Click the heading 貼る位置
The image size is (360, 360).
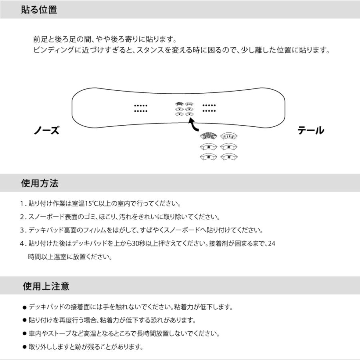(x=39, y=10)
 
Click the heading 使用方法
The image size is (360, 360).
(x=40, y=184)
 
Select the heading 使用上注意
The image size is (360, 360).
(x=46, y=286)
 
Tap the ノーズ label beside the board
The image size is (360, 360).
(x=46, y=131)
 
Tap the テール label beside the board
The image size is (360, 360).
(x=311, y=131)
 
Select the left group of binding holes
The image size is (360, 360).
(x=141, y=108)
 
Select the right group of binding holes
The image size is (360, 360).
(x=209, y=108)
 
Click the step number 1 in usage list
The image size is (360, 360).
(x=22, y=204)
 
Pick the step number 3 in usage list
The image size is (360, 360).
(x=22, y=230)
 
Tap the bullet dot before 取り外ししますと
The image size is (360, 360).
(x=24, y=347)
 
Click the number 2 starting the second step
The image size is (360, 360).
(x=22, y=217)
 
